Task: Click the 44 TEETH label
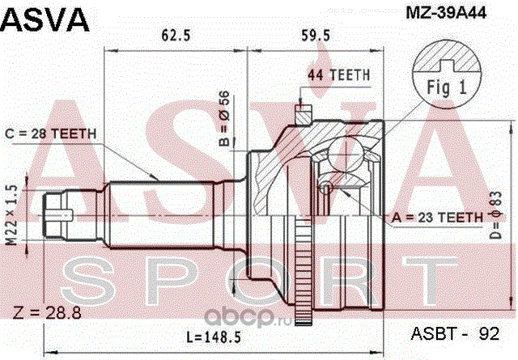(x=339, y=75)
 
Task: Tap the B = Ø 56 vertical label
(x=226, y=117)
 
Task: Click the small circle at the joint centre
(x=325, y=188)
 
